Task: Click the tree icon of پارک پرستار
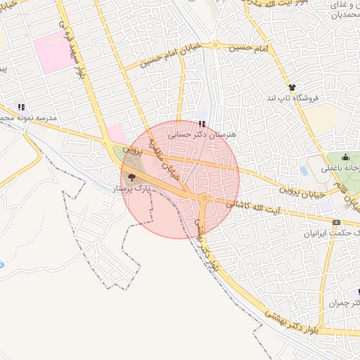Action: click(131, 177)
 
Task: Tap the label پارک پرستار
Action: click(131, 189)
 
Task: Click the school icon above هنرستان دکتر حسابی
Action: click(202, 123)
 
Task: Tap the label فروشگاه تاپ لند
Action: click(292, 98)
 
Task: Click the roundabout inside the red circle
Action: click(204, 199)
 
